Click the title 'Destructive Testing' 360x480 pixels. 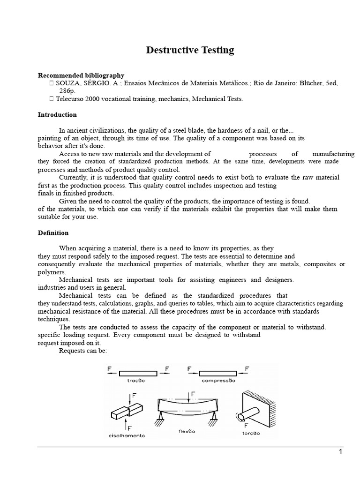(x=190, y=50)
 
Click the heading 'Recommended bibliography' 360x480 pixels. (x=81, y=75)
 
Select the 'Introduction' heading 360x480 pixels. (x=57, y=115)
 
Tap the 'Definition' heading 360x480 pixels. (x=53, y=233)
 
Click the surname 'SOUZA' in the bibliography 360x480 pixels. (x=67, y=83)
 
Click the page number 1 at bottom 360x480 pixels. (x=341, y=451)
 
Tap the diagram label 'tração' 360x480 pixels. (x=136, y=381)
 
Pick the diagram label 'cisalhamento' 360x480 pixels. (x=127, y=435)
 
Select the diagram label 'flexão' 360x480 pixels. (x=187, y=431)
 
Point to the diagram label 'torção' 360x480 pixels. (x=251, y=433)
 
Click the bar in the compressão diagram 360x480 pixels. (x=217, y=373)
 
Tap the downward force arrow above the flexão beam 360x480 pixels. (x=187, y=397)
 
